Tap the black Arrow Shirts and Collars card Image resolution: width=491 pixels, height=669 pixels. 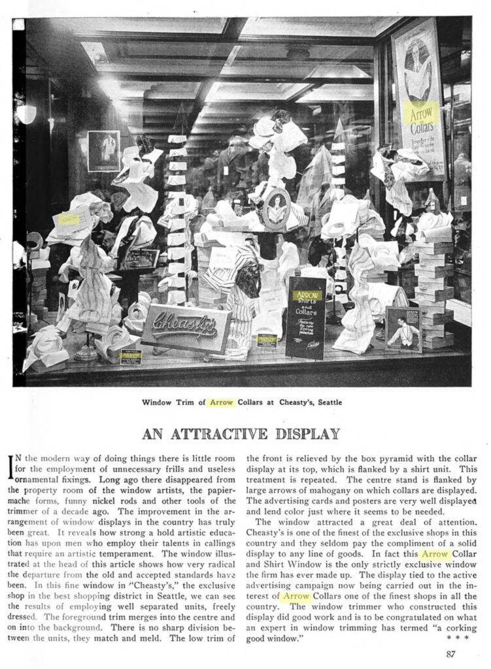pyautogui.click(x=305, y=317)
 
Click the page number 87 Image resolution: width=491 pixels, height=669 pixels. pyautogui.click(x=450, y=653)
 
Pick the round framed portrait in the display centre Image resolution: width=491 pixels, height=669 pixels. pyautogui.click(x=277, y=208)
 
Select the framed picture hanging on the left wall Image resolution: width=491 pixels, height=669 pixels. pyautogui.click(x=103, y=151)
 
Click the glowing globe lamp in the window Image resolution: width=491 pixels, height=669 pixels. pyautogui.click(x=26, y=114)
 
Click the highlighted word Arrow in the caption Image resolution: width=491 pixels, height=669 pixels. pyautogui.click(x=221, y=402)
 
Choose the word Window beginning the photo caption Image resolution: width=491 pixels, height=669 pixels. pyautogui.click(x=157, y=402)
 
